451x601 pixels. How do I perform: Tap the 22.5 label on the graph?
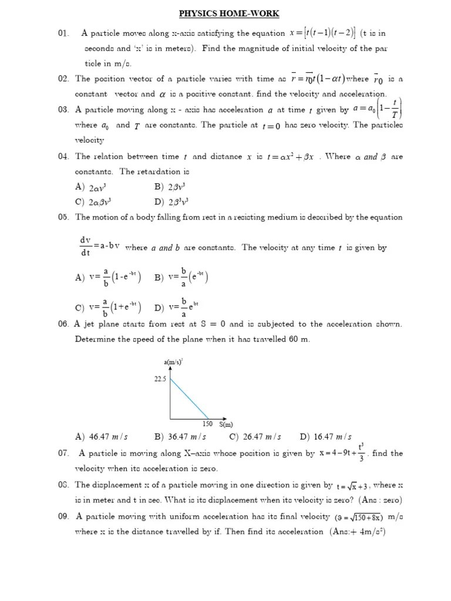pos(160,379)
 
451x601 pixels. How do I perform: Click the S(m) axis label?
pos(227,424)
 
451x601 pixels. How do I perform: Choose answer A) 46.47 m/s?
pos(102,437)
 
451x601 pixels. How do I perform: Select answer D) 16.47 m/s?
pos(325,437)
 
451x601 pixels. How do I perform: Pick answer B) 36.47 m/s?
pos(180,437)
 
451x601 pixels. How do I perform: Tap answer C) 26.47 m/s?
pos(255,437)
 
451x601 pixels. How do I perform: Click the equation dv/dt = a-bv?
pos(100,247)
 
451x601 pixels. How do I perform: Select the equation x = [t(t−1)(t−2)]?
pos(322,33)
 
